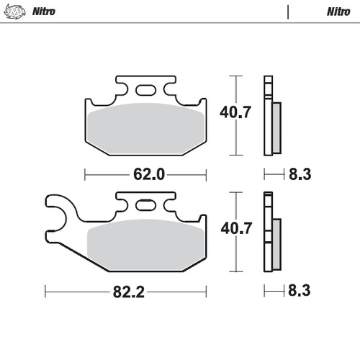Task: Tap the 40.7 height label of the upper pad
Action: coord(235,112)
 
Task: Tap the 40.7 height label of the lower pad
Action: coord(235,229)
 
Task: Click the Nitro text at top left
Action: coord(44,12)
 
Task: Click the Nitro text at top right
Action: coord(338,12)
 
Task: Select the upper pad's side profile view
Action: coord(273,119)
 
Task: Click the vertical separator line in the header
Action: coord(287,12)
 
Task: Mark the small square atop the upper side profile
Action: coord(268,80)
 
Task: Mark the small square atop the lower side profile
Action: coord(268,197)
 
